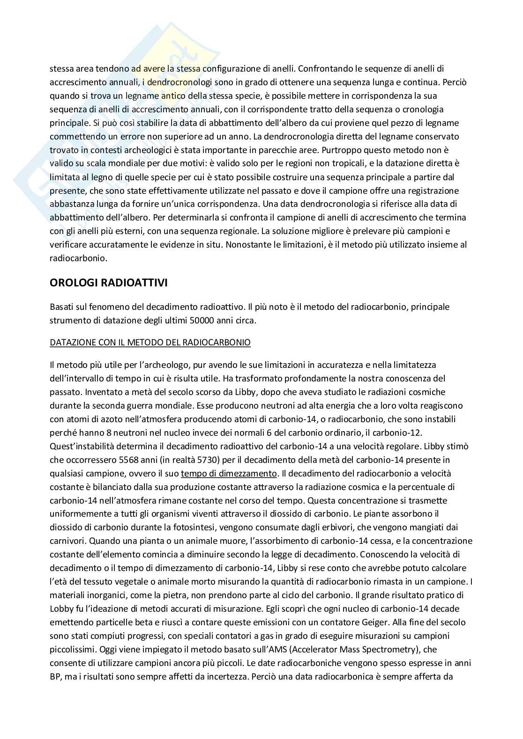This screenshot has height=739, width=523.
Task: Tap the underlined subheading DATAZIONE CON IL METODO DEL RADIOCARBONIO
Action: coord(150,343)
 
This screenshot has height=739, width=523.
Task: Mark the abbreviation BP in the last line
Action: coord(55,677)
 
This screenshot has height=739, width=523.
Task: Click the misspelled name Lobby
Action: coord(60,609)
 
